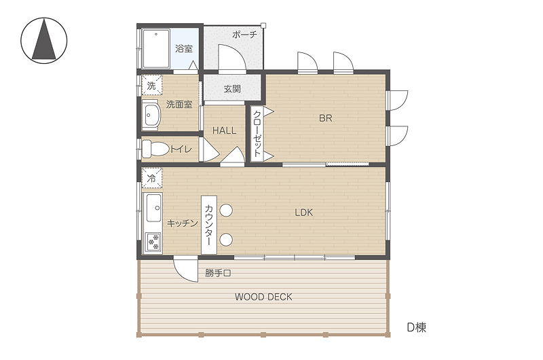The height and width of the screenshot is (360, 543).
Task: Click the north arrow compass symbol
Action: pyautogui.click(x=44, y=41)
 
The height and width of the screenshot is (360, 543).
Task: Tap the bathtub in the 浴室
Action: pyautogui.click(x=156, y=49)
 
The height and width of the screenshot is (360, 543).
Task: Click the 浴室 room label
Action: pyautogui.click(x=183, y=48)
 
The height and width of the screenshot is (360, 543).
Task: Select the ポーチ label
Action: pyautogui.click(x=244, y=35)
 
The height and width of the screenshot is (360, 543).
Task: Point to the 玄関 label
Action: pyautogui.click(x=232, y=89)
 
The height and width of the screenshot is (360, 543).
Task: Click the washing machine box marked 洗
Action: pyautogui.click(x=151, y=85)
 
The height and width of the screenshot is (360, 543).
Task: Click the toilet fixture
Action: pyautogui.click(x=155, y=149)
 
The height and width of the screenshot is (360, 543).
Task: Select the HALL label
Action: pyautogui.click(x=225, y=130)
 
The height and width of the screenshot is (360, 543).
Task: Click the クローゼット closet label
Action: pyautogui.click(x=257, y=134)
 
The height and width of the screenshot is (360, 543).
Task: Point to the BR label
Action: pyautogui.click(x=326, y=118)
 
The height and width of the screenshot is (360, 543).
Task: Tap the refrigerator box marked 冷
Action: pyautogui.click(x=151, y=178)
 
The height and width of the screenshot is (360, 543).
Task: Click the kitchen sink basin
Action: pyautogui.click(x=154, y=208)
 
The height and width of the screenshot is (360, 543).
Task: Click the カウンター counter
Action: pyautogui.click(x=209, y=225)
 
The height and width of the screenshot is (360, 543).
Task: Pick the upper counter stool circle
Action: pyautogui.click(x=226, y=211)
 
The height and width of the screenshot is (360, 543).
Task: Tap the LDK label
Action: pyautogui.click(x=303, y=213)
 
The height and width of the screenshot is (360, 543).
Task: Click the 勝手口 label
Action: pyautogui.click(x=218, y=273)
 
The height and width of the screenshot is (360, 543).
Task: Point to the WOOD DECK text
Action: pyautogui.click(x=263, y=297)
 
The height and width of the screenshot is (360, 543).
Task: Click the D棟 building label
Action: pyautogui.click(x=416, y=327)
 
